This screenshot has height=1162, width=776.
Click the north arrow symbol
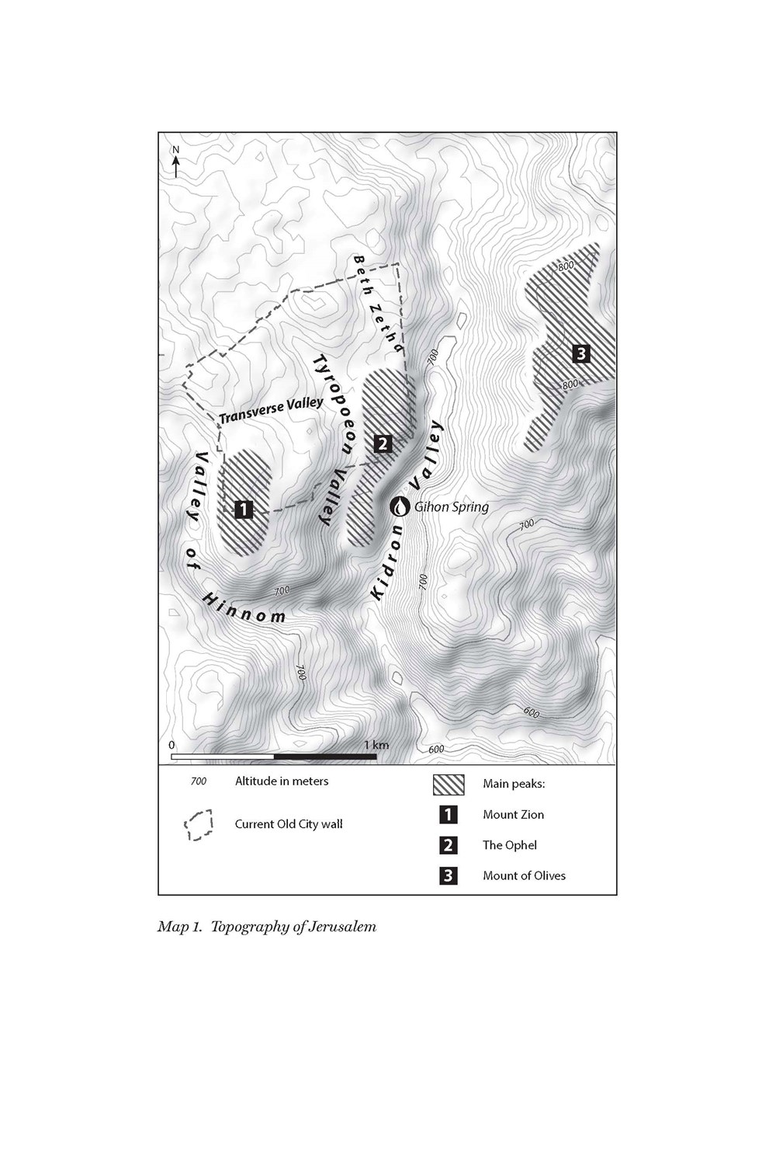click(176, 162)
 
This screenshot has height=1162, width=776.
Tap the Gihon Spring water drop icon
click(400, 506)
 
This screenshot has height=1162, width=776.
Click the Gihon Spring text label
click(452, 507)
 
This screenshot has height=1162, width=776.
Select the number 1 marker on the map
click(244, 510)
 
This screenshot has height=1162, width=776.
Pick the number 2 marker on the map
click(382, 444)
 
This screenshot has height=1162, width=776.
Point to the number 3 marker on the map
click(580, 354)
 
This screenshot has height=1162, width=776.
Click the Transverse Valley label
click(270, 410)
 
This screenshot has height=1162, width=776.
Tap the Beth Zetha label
click(378, 304)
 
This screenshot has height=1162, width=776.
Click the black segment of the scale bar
click(325, 756)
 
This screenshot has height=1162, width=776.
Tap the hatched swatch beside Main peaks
click(449, 785)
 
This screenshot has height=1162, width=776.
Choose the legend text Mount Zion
click(513, 815)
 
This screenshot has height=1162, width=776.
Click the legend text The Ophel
click(509, 845)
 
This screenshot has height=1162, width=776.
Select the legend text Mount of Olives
click(524, 875)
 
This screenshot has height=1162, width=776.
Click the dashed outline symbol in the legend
click(199, 825)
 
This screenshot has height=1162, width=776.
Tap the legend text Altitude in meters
click(282, 781)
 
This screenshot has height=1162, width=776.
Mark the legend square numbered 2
click(449, 845)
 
